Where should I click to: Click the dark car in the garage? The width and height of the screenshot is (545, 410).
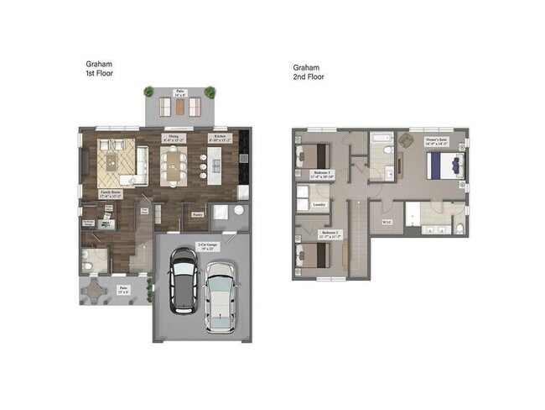[x=183, y=281]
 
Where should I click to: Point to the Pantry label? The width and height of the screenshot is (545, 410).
[x=198, y=215]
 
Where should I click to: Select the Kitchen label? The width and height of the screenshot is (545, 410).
[x=220, y=137]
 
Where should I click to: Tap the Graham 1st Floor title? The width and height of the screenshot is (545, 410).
[x=99, y=69]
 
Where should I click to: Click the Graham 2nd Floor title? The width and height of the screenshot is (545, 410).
[x=309, y=71]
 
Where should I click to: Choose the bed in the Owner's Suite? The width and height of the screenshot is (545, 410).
[x=444, y=165]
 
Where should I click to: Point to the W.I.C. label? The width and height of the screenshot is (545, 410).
[x=387, y=222]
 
